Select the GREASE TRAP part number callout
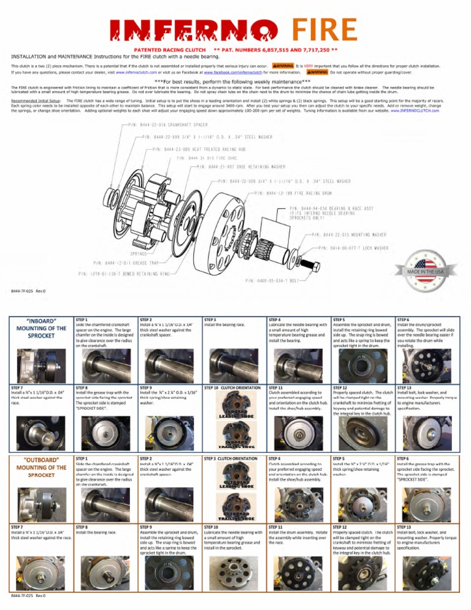point(123,263)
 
